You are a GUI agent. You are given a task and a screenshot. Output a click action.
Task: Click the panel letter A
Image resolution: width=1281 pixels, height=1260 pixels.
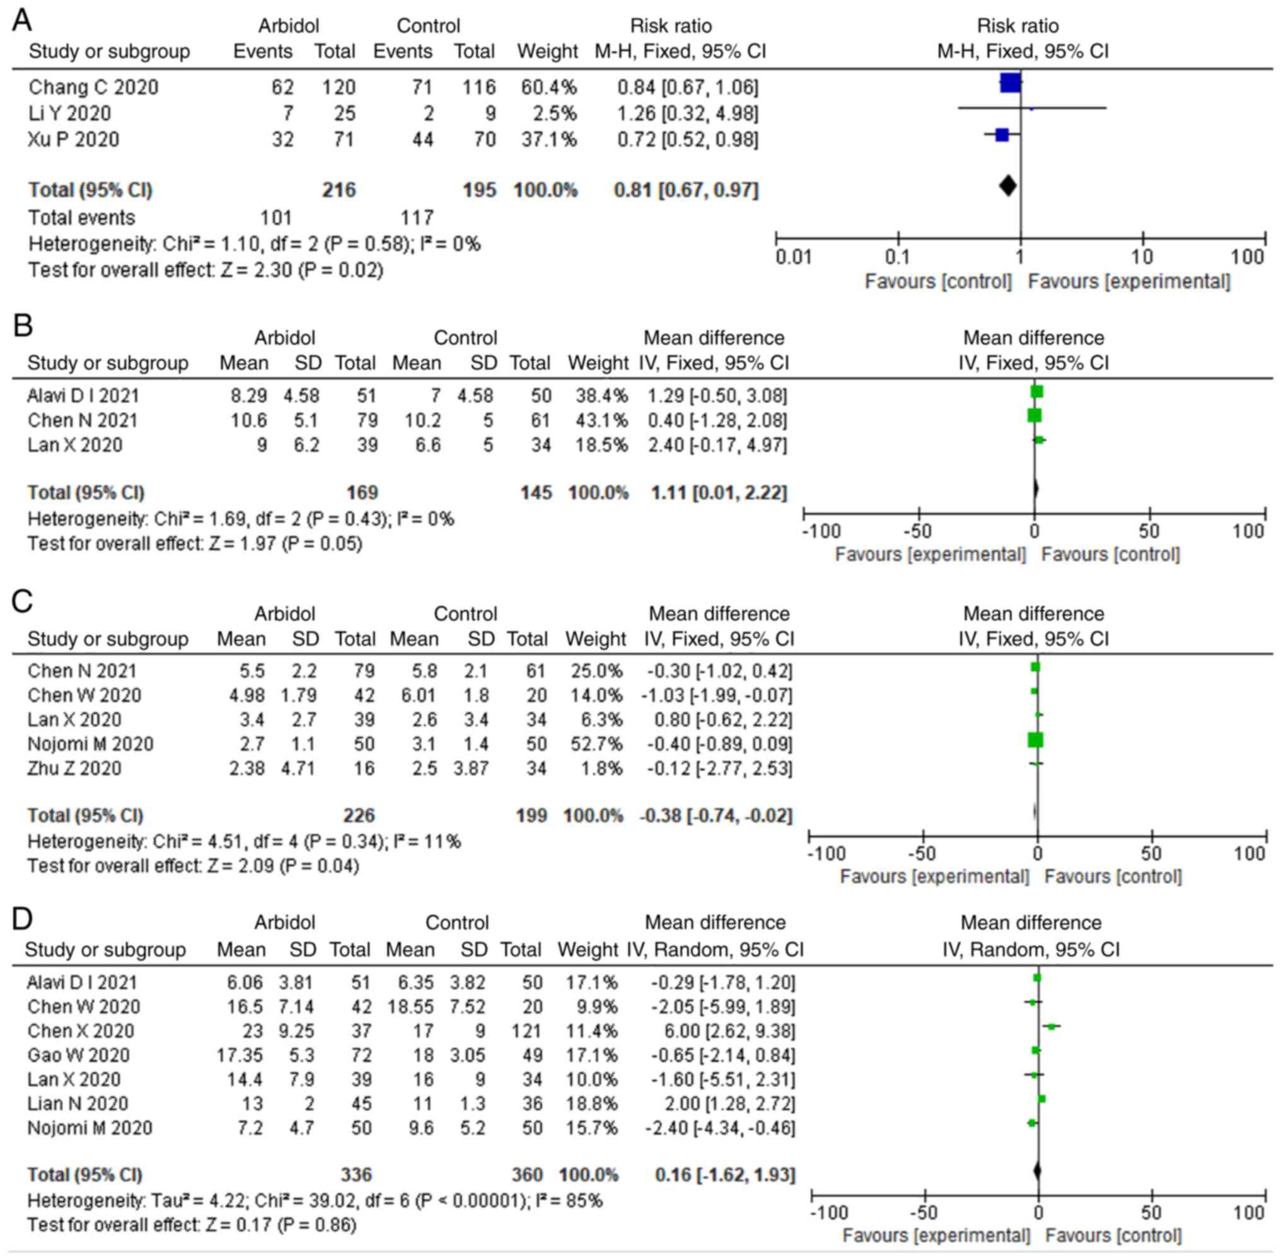[x=22, y=21]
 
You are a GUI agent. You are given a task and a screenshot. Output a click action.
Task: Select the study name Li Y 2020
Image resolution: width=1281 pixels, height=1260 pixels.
[x=69, y=113]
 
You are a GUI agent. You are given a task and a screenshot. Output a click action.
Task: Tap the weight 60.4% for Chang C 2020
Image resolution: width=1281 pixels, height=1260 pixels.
[x=549, y=87]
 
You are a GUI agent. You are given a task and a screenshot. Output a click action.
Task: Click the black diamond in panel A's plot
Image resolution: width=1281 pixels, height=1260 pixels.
[x=1007, y=185]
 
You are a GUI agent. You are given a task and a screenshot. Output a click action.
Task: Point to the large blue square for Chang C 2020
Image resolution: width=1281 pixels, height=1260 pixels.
[x=1010, y=83]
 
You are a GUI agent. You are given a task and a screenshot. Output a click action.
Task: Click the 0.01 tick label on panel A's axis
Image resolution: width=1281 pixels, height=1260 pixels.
[x=793, y=257]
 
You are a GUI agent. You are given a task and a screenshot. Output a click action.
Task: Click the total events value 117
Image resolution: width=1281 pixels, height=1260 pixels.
[x=417, y=217]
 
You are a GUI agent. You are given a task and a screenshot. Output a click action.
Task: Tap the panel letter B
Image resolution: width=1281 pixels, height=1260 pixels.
[x=23, y=326]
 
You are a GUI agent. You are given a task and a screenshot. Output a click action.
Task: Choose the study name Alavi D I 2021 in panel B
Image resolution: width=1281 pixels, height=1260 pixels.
[x=83, y=396]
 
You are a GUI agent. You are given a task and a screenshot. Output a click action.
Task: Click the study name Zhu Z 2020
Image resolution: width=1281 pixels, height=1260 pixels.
[x=74, y=768]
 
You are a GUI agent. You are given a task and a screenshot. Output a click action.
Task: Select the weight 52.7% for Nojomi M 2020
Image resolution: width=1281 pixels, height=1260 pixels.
[x=596, y=744]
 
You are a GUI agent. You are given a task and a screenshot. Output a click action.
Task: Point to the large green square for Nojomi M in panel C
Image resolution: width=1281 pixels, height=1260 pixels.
[x=1035, y=740]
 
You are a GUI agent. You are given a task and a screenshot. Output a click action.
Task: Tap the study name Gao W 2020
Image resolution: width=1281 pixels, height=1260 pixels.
[x=79, y=1055]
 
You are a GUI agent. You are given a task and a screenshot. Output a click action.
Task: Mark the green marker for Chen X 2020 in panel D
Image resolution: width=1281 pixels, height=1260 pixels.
[x=1051, y=1026]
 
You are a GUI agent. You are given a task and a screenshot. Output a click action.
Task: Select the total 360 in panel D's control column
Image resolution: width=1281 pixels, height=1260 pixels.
[x=527, y=1175]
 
